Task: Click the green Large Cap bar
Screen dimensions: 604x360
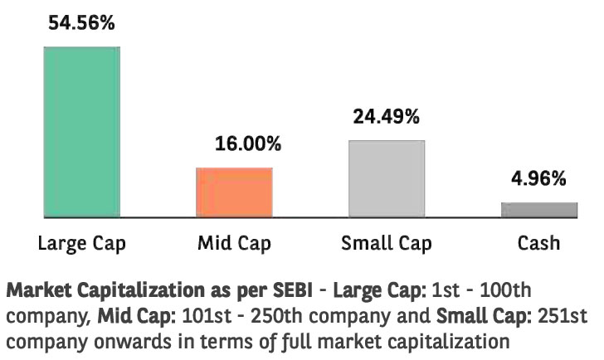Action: (x=81, y=132)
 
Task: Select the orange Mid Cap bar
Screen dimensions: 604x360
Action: (x=234, y=192)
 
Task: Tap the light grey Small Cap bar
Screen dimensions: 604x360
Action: (x=387, y=179)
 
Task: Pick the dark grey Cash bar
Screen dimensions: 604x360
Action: (x=539, y=210)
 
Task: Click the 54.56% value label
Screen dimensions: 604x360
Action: (x=81, y=22)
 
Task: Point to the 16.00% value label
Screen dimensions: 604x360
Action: (x=248, y=144)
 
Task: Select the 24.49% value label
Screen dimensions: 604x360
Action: (x=387, y=116)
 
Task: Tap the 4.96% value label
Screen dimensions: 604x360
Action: (x=539, y=178)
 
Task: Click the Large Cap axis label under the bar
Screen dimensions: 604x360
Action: (x=82, y=243)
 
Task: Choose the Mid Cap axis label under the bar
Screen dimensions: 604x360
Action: (x=234, y=243)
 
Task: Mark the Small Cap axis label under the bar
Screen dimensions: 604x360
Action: (x=387, y=243)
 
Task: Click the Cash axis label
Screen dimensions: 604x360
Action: (x=539, y=243)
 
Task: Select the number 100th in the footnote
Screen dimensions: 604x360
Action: (x=505, y=290)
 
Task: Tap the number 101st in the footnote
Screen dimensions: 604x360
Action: (x=207, y=316)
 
